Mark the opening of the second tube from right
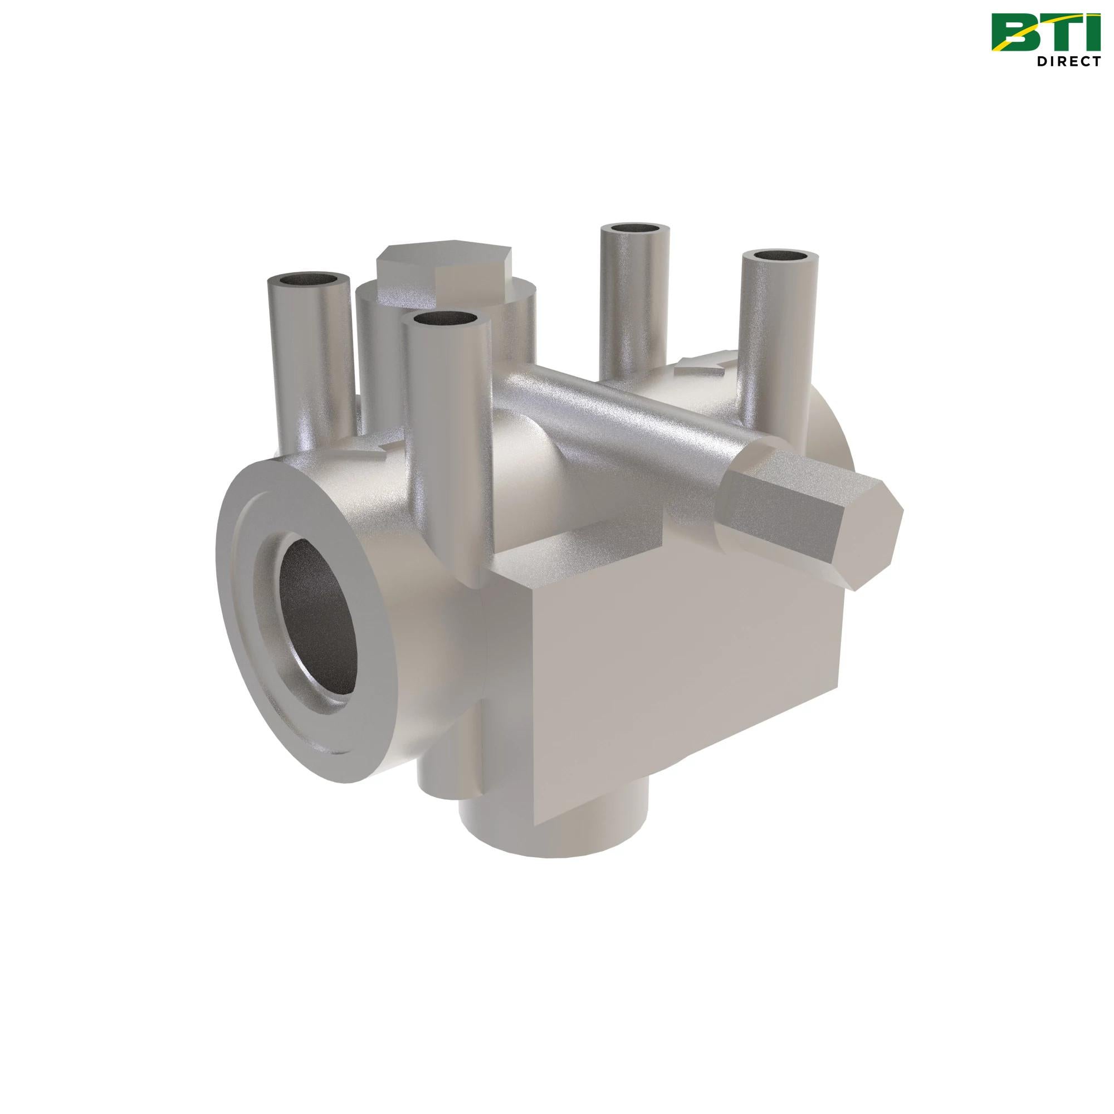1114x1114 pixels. point(635,228)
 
